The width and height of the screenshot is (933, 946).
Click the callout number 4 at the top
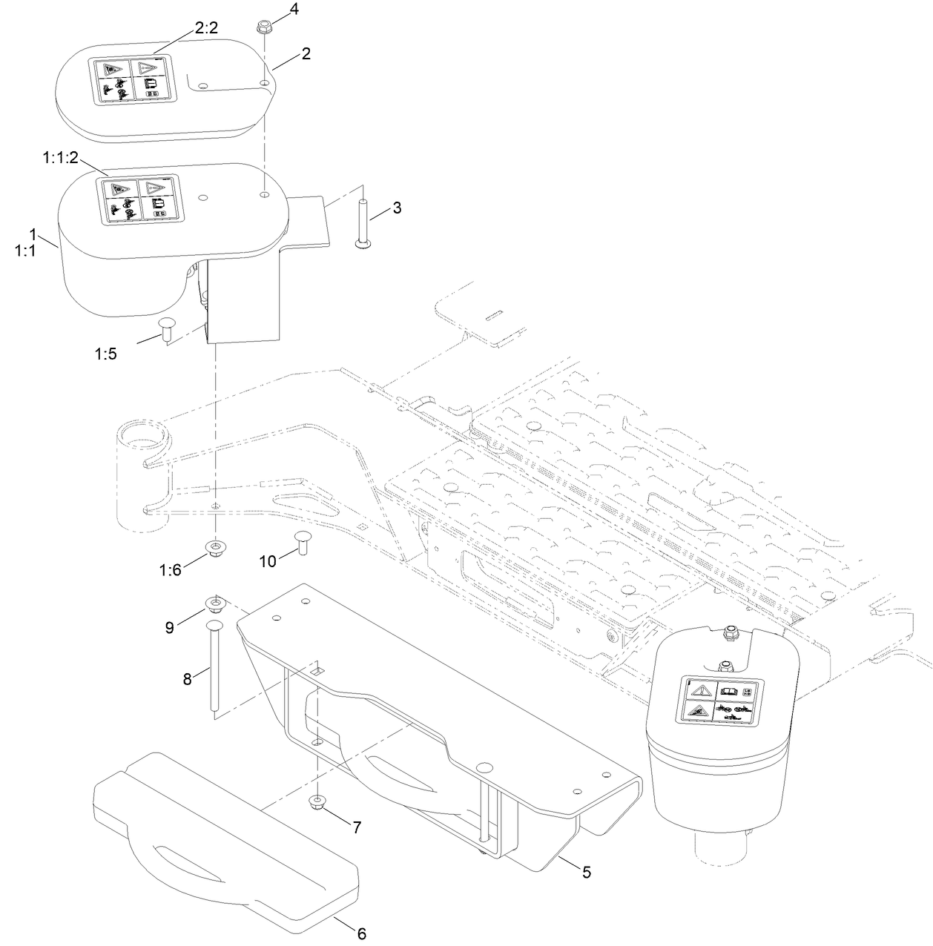(x=294, y=10)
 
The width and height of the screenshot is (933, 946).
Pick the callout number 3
(x=397, y=208)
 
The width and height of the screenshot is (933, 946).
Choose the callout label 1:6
(x=169, y=569)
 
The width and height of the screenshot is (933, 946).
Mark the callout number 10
(x=267, y=561)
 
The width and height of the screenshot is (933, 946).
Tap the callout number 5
(x=586, y=873)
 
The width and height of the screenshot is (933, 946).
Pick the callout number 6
(x=362, y=933)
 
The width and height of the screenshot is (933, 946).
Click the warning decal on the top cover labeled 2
(x=132, y=80)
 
